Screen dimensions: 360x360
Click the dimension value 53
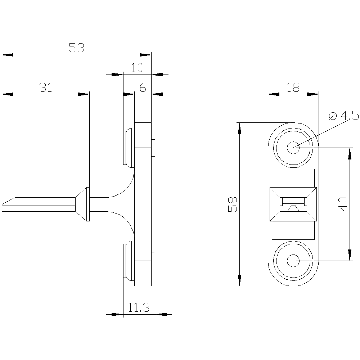coord(76,48)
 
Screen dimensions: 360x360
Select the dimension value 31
coord(46,87)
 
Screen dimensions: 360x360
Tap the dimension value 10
coord(137,68)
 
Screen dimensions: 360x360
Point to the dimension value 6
coord(143,87)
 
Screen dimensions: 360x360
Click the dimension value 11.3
coord(139,307)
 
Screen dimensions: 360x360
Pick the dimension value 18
coord(293,87)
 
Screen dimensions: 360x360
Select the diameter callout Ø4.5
coord(344,116)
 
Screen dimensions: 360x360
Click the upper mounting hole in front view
coord(293,147)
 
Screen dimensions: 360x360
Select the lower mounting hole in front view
coord(293,260)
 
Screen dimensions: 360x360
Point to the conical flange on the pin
coord(83,204)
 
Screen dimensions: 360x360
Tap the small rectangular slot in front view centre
coord(293,201)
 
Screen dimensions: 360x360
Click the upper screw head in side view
coord(128,148)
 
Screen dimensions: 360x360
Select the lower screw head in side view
coord(128,261)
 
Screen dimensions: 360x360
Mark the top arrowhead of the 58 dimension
coord(239,127)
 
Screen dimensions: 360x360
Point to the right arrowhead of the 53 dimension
coord(146,55)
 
